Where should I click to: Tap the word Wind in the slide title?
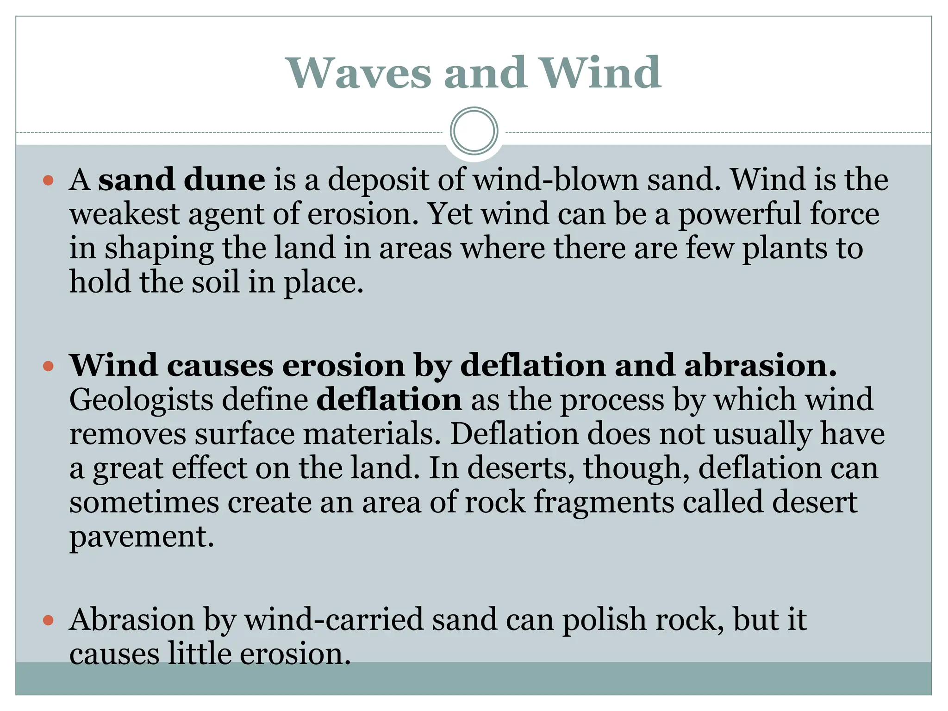click(601, 73)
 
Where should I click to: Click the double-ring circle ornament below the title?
click(474, 131)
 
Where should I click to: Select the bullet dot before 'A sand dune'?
click(49, 181)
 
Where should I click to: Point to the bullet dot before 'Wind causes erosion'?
click(49, 367)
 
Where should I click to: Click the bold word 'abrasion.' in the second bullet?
click(760, 366)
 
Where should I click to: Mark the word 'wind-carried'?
click(334, 619)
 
